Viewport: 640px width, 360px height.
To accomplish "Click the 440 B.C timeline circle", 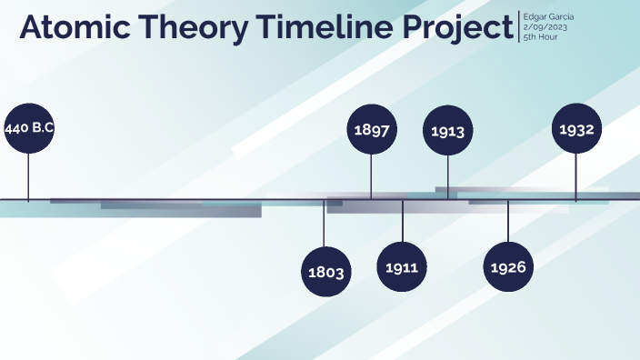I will tap(29, 129).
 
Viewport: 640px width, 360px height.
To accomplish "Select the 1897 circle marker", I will tap(371, 130).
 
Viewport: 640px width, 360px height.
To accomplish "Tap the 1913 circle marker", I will tap(447, 131).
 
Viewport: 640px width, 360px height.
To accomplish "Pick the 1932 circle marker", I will tap(576, 130).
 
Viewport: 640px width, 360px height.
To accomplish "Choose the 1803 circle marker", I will tap(325, 272).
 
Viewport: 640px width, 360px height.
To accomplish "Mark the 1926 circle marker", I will tap(507, 267).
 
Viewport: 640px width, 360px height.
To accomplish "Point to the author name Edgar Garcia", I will tap(548, 17).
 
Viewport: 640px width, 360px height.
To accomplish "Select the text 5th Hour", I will tap(540, 37).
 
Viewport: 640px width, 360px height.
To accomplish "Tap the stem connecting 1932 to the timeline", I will tap(576, 176).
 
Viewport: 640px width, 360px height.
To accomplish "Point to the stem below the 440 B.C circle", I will tap(29, 176).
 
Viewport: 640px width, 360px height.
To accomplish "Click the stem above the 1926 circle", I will tap(507, 222).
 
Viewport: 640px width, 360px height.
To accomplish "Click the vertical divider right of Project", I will tap(519, 27).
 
